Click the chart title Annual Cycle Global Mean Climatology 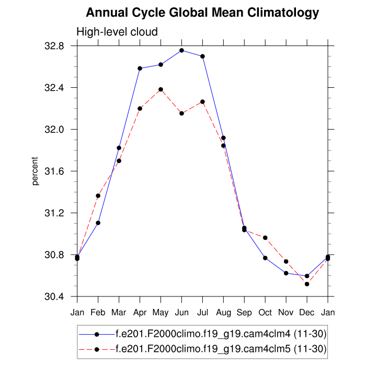tap(202, 12)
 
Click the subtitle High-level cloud tap(117, 32)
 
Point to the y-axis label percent tap(36, 171)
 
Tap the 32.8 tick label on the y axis tap(60, 46)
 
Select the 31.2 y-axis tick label tap(60, 213)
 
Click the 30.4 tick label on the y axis tap(60, 297)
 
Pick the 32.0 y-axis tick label tap(60, 130)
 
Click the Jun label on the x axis tap(181, 313)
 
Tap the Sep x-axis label tap(244, 313)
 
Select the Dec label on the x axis tap(307, 313)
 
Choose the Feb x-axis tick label tap(98, 313)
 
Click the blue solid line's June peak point tap(181, 50)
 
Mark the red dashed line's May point tap(161, 89)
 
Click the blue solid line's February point tap(98, 223)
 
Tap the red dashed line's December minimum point tap(307, 284)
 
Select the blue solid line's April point tap(140, 68)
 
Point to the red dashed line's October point tap(265, 238)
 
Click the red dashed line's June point tap(181, 113)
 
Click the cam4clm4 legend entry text tap(221, 334)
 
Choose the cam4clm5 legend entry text tap(221, 349)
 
